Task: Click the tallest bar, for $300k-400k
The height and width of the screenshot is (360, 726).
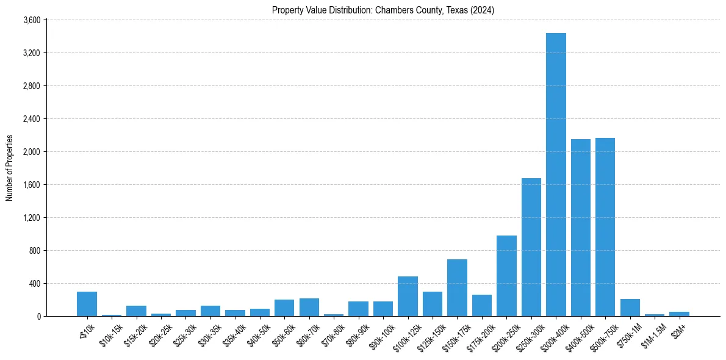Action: coord(556,175)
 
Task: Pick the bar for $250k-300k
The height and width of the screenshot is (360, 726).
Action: coord(531,247)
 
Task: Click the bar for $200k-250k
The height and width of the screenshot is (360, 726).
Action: coord(506,276)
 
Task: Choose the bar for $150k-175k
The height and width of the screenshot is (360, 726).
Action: coord(457,288)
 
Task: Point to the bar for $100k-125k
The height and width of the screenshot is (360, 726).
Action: coord(408,297)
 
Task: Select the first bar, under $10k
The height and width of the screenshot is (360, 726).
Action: coord(87,304)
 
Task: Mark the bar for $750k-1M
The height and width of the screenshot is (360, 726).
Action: coord(630,308)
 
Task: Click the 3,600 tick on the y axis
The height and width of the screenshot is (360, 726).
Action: coord(32,20)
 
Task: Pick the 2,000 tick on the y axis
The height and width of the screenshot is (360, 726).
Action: coord(32,152)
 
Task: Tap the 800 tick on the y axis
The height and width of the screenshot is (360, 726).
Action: coord(35,251)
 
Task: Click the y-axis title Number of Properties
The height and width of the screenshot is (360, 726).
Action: coord(9,168)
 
